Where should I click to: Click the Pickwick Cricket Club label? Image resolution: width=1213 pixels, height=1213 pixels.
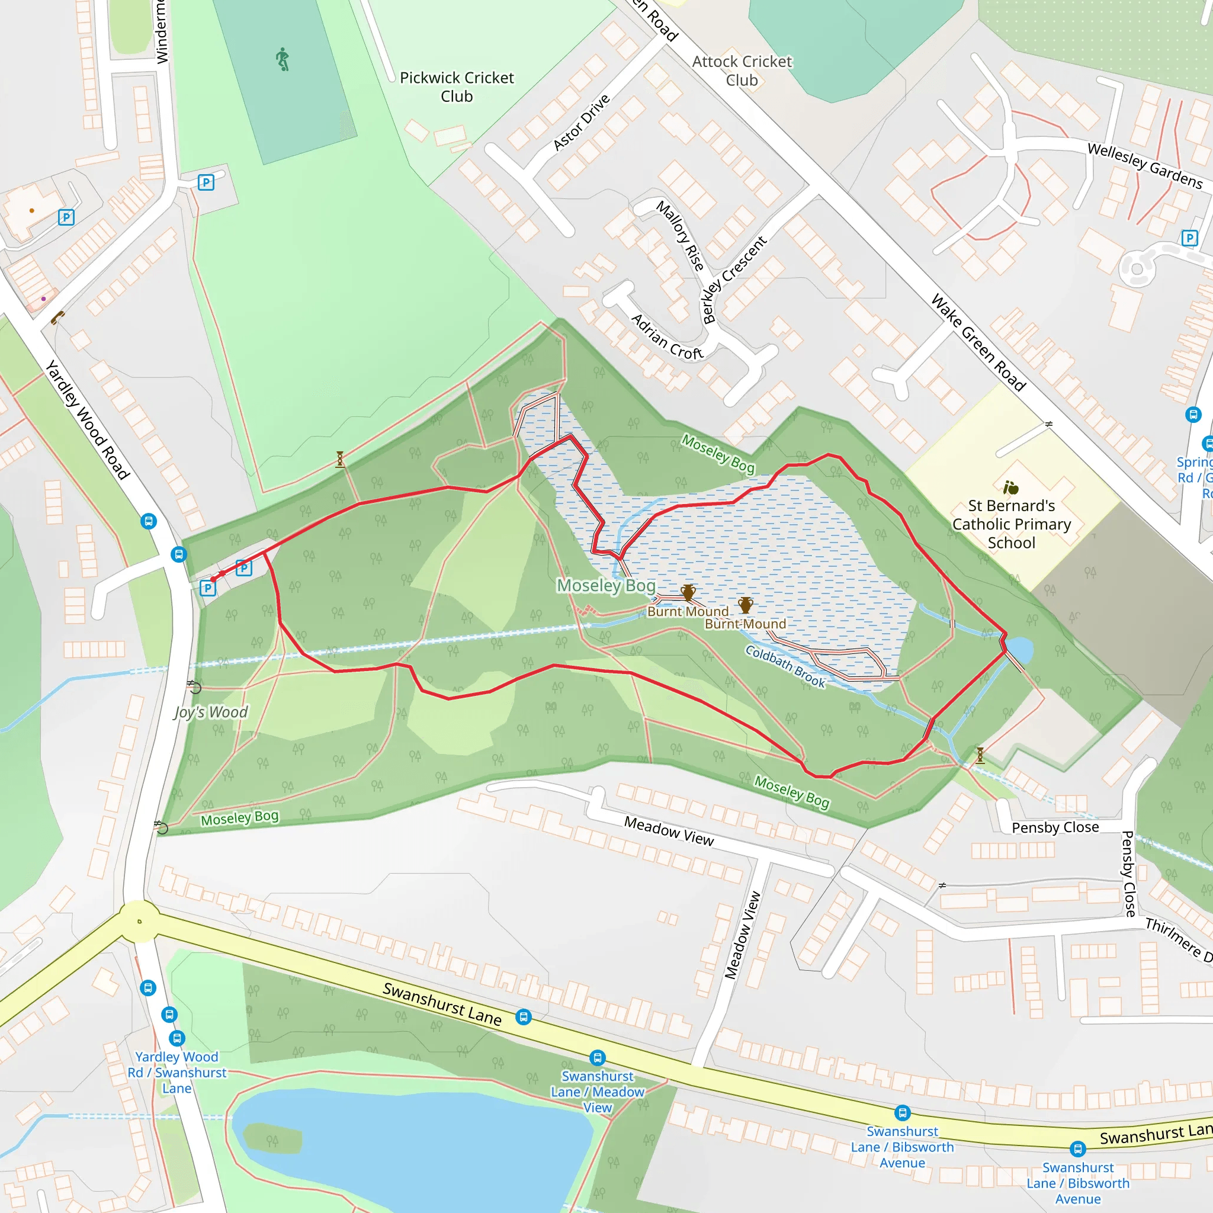pos(457,86)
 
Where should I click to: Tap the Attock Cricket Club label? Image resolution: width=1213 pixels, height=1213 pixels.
pos(742,71)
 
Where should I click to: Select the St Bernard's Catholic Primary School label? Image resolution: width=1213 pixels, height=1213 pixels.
pos(1012,524)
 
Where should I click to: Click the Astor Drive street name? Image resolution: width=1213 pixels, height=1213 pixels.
pos(581,123)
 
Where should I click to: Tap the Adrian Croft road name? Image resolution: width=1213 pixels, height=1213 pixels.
pos(667,337)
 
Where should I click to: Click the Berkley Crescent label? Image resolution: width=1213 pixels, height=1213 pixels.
pos(734,280)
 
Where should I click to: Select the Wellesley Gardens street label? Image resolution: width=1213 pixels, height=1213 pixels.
pos(1144,166)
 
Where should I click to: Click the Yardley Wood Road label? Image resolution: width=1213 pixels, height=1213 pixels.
pos(87,420)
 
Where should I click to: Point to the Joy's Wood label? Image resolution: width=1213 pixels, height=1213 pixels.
pos(211,712)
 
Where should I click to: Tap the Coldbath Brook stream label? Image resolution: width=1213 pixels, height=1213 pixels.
pos(785,666)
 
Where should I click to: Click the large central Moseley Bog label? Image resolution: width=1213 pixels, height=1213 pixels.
pos(606,585)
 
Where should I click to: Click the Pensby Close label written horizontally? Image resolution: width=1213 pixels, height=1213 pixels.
pos(1055,827)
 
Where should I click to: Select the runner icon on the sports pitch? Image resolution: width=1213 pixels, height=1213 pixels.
pos(283,59)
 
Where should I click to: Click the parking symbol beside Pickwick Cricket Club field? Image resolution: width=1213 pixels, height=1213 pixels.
pos(206,182)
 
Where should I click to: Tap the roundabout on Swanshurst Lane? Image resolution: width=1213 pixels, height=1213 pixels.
pos(139,922)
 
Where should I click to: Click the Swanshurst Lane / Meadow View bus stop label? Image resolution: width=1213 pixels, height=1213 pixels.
pos(597,1092)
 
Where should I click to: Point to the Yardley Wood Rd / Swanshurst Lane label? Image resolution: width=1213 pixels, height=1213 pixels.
pos(177,1073)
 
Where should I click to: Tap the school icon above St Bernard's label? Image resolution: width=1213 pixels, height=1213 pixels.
pos(1011,487)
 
